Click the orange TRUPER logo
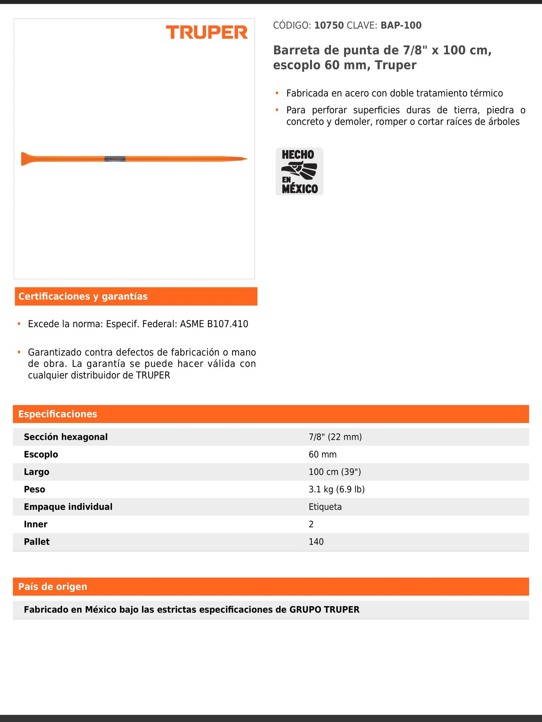point(207,33)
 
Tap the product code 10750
point(329,25)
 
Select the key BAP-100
point(401,25)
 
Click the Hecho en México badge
point(299,171)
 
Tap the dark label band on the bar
point(115,159)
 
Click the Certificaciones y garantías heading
point(83,296)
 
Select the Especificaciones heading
point(58,414)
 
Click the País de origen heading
point(53,587)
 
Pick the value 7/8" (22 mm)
point(335,437)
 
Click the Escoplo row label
point(41,454)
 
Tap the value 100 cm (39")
point(335,472)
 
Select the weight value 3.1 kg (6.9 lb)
point(336,489)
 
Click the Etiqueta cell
point(325,507)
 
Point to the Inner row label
point(36,524)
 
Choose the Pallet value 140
point(316,542)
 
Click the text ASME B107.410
point(214,324)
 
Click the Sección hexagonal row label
point(66,437)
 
